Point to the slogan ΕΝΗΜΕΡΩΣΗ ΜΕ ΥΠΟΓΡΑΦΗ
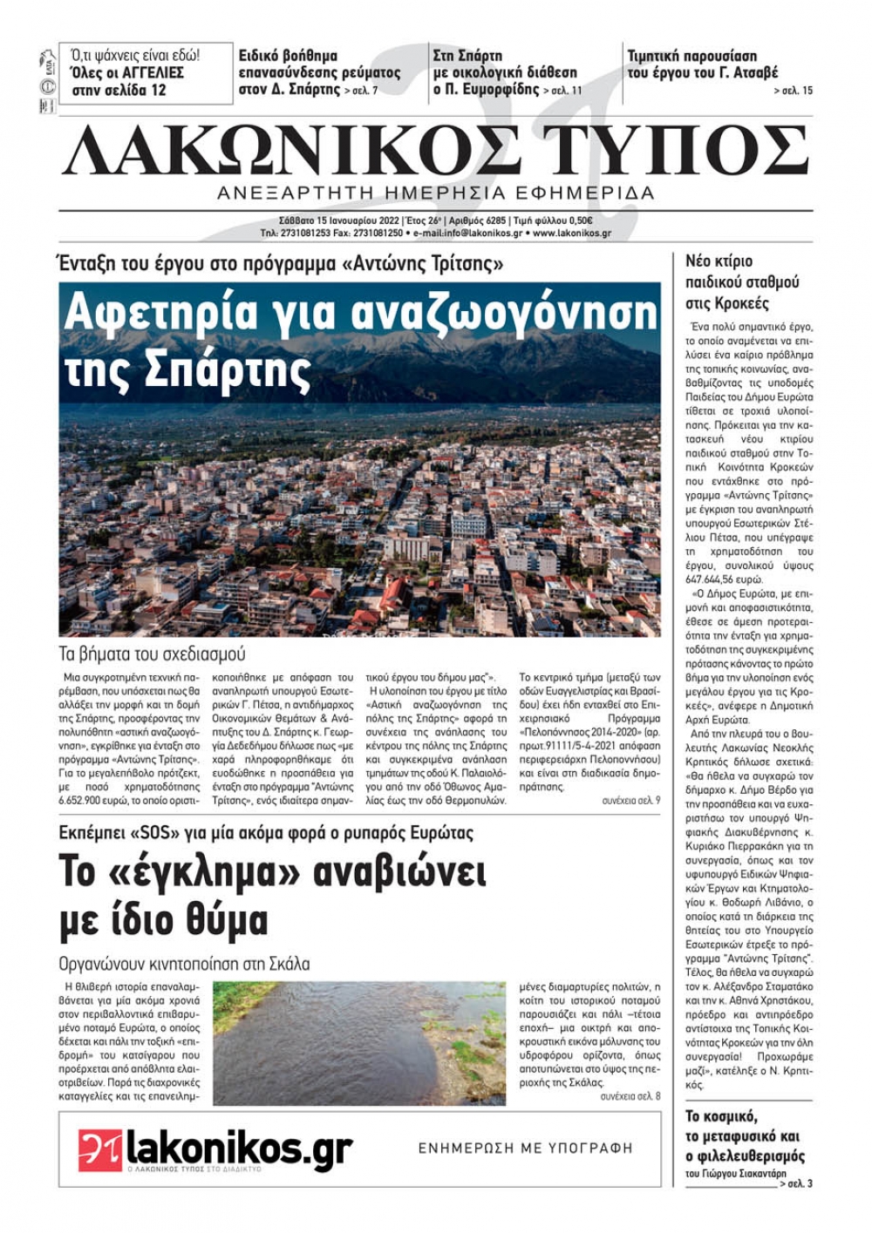[x=525, y=1148]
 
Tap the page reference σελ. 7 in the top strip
[x=361, y=91]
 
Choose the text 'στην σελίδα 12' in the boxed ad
[x=119, y=90]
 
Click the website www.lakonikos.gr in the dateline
[x=572, y=234]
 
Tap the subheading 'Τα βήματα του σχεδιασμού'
[x=152, y=654]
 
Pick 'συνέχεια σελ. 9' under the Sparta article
[x=630, y=800]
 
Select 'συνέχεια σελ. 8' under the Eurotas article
[x=630, y=1096]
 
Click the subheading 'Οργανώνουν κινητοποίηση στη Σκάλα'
[x=184, y=965]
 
